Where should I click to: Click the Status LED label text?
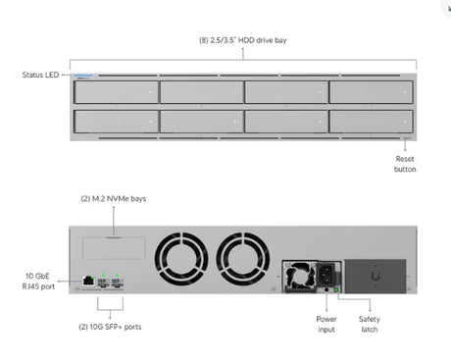tap(40, 75)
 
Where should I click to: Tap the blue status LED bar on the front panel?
tap(83, 76)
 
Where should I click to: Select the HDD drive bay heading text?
tap(243, 40)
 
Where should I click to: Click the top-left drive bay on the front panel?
tap(117, 92)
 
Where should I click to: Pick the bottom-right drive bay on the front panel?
tap(371, 122)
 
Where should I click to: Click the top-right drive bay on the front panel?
tap(371, 92)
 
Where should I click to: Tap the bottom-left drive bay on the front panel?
tap(117, 122)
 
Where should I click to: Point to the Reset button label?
tap(405, 164)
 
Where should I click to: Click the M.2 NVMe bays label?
tap(114, 199)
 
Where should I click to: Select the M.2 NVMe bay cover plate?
tap(114, 248)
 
